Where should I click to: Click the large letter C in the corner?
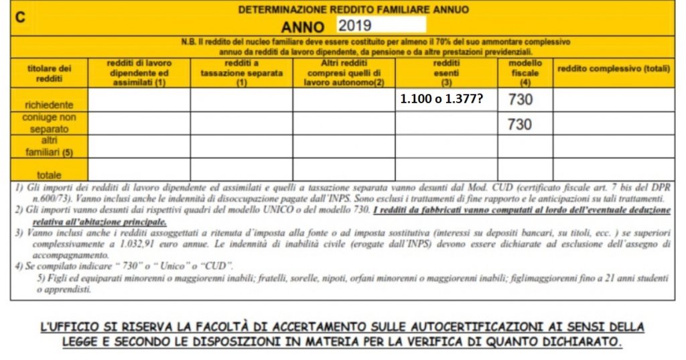tap(20, 17)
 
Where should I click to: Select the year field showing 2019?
tap(380, 25)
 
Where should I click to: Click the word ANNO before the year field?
tap(303, 27)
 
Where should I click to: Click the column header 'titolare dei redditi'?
tap(50, 72)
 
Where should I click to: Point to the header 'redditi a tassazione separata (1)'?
tap(241, 72)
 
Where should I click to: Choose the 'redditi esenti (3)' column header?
tap(446, 72)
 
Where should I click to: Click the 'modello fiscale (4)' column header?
tap(525, 72)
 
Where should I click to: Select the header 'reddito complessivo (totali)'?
tap(614, 68)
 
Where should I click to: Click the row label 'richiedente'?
tap(46, 105)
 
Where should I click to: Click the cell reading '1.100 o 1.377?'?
tap(442, 100)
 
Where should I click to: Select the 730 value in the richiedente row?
tap(521, 100)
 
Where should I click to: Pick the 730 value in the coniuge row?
tap(521, 123)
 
